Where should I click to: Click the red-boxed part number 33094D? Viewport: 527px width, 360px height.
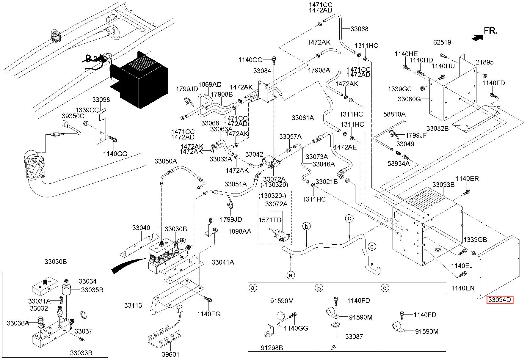tap(500, 300)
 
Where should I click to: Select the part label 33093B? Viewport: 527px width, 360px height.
tap(443, 185)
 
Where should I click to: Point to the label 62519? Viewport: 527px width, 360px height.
tap(442, 42)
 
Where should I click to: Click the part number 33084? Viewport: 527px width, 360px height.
tap(262, 71)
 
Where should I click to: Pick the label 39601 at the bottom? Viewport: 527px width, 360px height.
tap(171, 354)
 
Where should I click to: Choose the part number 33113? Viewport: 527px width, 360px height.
tap(134, 305)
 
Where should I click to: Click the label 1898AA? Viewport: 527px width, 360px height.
tap(239, 231)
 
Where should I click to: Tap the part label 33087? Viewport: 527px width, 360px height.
tap(354, 337)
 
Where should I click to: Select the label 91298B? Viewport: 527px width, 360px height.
tap(272, 348)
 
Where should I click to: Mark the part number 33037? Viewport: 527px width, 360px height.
tap(84, 331)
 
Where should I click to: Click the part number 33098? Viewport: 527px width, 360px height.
tap(101, 100)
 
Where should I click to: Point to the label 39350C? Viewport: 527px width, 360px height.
tap(73, 116)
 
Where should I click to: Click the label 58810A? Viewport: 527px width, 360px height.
tap(394, 114)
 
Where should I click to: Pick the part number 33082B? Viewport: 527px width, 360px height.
tap(437, 128)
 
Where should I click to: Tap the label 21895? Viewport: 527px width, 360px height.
tap(484, 62)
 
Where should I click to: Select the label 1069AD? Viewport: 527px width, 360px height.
tap(210, 84)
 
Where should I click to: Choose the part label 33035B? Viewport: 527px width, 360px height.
tap(92, 290)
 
